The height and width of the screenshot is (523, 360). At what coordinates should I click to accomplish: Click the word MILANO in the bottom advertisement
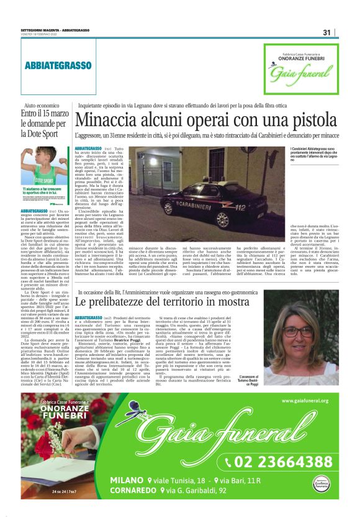(x=128, y=481)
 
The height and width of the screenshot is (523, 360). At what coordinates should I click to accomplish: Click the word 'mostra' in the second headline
(x=230, y=301)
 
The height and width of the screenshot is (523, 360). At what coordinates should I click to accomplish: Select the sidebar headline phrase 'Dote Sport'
(x=39, y=133)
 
